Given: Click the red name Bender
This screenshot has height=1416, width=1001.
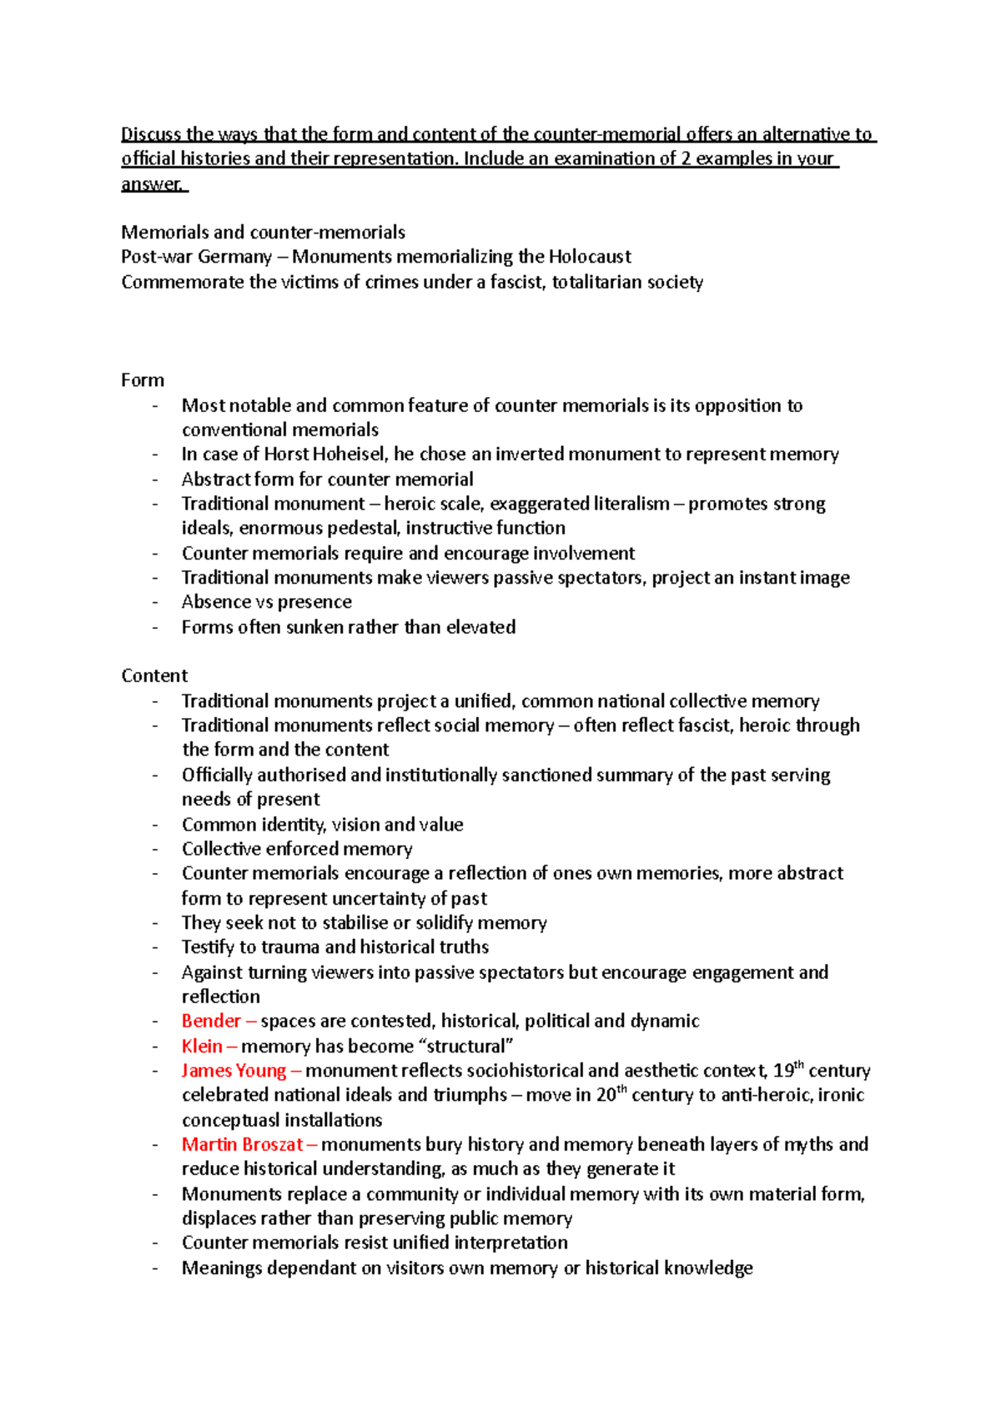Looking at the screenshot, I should click(x=211, y=1021).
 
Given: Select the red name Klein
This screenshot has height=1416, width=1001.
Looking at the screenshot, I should click(x=202, y=1046).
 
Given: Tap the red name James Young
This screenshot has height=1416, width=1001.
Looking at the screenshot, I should click(x=234, y=1071).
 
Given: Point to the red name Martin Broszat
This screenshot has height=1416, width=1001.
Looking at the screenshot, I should click(x=242, y=1144).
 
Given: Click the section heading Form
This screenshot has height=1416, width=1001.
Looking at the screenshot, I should click(x=143, y=380).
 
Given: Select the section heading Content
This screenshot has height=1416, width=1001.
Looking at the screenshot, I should click(x=154, y=675).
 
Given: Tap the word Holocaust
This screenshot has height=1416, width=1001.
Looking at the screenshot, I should click(x=590, y=257).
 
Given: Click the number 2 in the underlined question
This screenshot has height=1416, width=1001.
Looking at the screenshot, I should click(x=686, y=158).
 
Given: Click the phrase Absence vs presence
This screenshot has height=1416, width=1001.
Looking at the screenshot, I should click(x=266, y=602).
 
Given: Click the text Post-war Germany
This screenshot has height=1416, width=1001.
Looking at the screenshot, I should click(x=196, y=257).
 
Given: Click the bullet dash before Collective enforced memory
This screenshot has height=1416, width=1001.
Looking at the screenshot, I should click(x=155, y=849).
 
